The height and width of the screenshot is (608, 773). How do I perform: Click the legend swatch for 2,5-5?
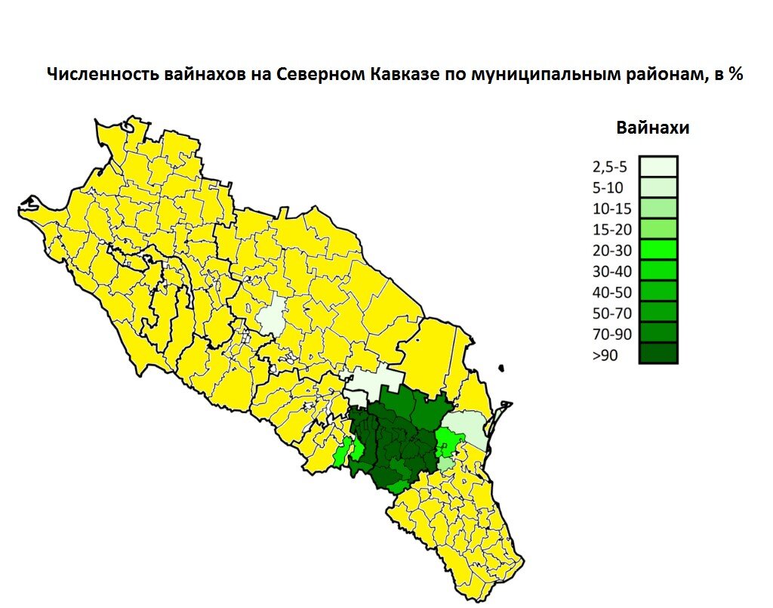point(658,166)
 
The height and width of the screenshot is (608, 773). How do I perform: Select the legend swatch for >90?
point(658,353)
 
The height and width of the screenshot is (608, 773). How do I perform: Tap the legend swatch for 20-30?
point(658,249)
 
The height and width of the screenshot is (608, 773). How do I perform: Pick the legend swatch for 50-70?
point(658,312)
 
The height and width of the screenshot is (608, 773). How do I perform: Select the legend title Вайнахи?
point(652,128)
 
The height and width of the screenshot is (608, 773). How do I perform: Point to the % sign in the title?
point(735,76)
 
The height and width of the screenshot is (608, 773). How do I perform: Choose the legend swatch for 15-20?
point(658,229)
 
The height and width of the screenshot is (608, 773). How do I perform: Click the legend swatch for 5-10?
point(658,187)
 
